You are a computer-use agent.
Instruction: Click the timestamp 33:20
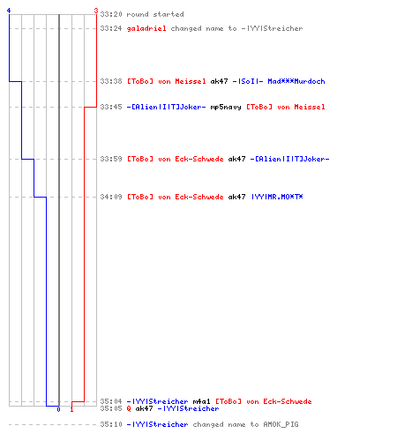pyautogui.click(x=111, y=14)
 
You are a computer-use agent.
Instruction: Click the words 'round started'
pyautogui.click(x=155, y=14)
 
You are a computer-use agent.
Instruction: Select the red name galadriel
pyautogui.click(x=146, y=28)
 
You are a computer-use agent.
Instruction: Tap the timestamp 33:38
pyautogui.click(x=111, y=81)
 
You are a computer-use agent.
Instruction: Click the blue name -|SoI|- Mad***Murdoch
pyautogui.click(x=279, y=81)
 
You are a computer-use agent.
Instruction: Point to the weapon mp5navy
pyautogui.click(x=226, y=107)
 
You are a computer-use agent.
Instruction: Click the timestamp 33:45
pyautogui.click(x=111, y=107)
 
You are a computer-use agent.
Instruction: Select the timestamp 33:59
pyautogui.click(x=111, y=159)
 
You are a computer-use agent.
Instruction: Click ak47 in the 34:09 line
pyautogui.click(x=236, y=197)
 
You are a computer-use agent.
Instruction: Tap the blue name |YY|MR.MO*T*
pyautogui.click(x=277, y=197)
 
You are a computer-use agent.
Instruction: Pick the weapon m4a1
pyautogui.click(x=201, y=401)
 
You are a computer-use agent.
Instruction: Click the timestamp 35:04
pyautogui.click(x=111, y=401)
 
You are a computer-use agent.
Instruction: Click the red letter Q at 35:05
pyautogui.click(x=129, y=408)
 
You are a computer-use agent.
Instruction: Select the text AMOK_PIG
pyautogui.click(x=281, y=424)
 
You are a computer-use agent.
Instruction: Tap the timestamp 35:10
pyautogui.click(x=111, y=424)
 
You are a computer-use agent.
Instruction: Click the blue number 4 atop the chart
pyautogui.click(x=9, y=11)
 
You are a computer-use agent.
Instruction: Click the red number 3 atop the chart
pyautogui.click(x=96, y=11)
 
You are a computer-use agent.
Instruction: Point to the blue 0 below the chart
pyautogui.click(x=58, y=409)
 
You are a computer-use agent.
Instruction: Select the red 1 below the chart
pyautogui.click(x=71, y=409)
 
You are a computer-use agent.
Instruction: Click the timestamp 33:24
pyautogui.click(x=111, y=28)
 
